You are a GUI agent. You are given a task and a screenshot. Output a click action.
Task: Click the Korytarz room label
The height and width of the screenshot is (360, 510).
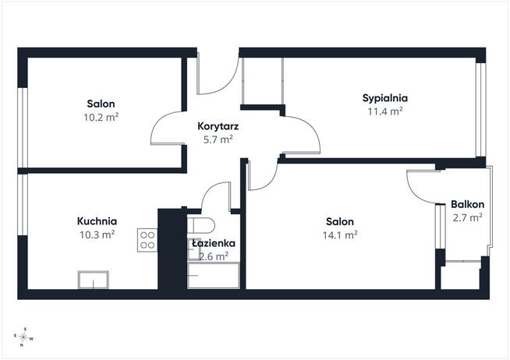[x=218, y=126]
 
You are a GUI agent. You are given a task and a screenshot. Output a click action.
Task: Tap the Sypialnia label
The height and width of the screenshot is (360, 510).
[x=385, y=98]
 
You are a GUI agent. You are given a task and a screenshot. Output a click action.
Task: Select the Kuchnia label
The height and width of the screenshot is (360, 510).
[x=97, y=221]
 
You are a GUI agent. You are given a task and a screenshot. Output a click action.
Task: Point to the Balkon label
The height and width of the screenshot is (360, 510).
[x=467, y=204]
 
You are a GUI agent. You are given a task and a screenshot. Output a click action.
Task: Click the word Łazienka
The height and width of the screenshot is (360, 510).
[x=214, y=243]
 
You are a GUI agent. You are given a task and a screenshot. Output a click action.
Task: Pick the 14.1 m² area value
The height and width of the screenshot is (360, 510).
[x=340, y=235]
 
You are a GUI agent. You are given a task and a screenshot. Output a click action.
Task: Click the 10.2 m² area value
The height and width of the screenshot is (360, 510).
[x=101, y=117]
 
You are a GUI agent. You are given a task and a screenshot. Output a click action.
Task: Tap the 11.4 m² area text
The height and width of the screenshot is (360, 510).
[x=385, y=111]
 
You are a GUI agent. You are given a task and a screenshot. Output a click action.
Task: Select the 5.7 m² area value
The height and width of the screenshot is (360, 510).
[x=218, y=139]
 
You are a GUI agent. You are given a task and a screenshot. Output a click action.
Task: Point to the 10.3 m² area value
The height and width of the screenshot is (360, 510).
[x=97, y=235]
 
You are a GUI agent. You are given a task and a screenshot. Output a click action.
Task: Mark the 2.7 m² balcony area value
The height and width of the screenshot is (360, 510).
[x=467, y=217]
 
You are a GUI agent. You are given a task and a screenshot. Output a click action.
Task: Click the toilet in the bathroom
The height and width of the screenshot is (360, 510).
[x=201, y=225]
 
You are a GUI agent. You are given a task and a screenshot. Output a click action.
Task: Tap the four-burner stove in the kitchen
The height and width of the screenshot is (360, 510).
[x=147, y=240]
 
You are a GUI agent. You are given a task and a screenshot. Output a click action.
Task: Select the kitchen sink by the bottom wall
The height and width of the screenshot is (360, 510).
[x=94, y=280]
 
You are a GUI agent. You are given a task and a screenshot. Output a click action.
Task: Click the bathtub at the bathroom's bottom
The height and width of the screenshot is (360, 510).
[x=214, y=275]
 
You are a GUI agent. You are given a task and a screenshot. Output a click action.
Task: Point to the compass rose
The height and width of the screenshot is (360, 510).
[x=23, y=337]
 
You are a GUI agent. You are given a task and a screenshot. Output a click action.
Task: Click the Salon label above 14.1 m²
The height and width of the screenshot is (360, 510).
[x=340, y=221]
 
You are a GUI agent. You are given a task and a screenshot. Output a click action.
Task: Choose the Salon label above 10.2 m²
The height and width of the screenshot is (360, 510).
[x=101, y=104]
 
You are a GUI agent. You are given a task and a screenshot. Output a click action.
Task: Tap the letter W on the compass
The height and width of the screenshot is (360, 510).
[x=31, y=339]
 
